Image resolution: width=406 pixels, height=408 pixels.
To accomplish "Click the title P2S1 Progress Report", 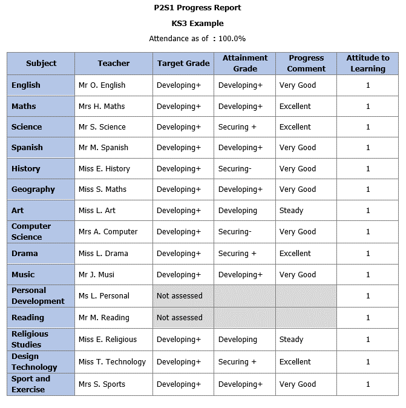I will pos(197,8).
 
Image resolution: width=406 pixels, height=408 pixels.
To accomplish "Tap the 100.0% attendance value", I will pos(232,38).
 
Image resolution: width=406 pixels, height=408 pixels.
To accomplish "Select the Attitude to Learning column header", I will pos(367,63).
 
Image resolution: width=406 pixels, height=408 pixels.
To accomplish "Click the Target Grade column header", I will pos(183,63).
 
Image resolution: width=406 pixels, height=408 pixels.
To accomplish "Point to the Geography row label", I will pos(33,189).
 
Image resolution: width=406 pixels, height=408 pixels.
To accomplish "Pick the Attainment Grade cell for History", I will pos(235,169).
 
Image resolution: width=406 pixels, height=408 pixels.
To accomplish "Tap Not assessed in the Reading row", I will pos(180,318).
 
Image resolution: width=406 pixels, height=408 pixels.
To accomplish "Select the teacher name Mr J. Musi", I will pos(97,275).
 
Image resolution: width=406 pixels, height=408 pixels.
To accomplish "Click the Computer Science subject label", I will pos(31,231).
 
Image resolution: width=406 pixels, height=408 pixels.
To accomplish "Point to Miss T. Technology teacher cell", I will pos(113,362).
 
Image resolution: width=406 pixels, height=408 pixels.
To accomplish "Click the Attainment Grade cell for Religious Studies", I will pos(238,340).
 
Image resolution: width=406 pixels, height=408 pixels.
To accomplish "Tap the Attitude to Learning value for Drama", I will pos(368,254).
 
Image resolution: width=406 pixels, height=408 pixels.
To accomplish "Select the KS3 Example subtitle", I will pos(197,24).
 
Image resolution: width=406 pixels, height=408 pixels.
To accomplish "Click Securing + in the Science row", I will pos(237,127).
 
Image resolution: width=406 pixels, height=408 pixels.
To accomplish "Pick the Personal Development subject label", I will pos(38,295).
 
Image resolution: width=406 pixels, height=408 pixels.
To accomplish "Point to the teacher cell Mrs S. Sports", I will pos(102,384).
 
